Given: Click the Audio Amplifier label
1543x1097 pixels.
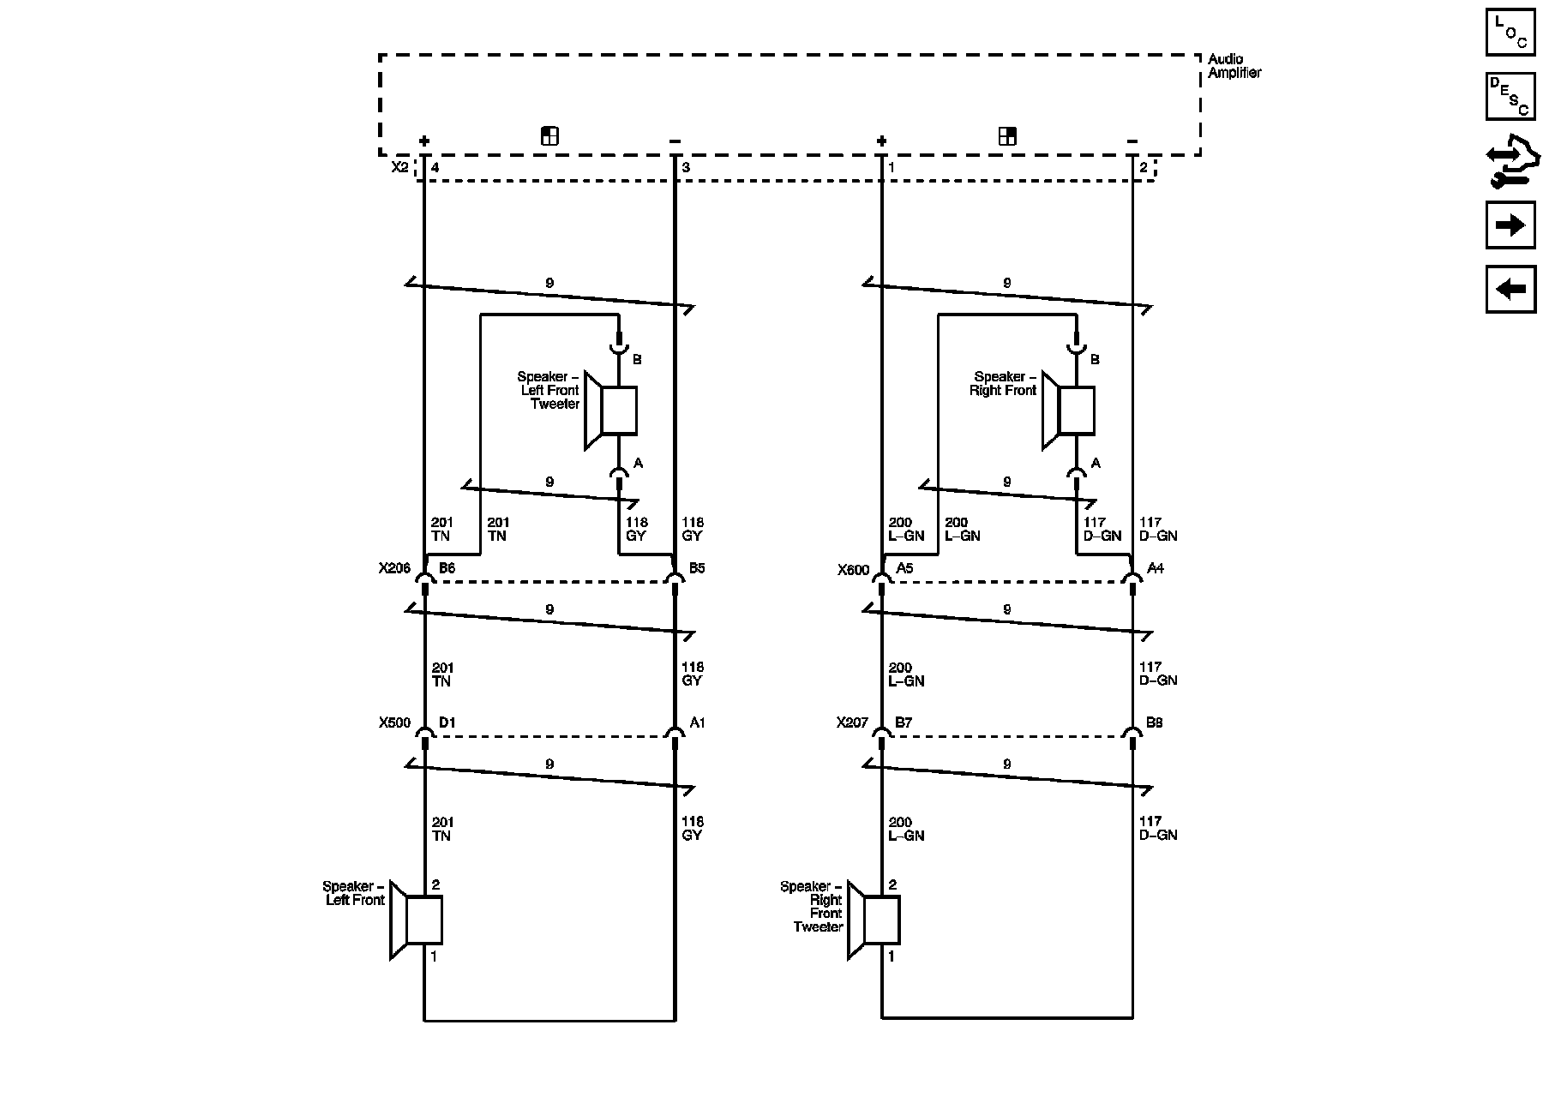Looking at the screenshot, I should [x=1234, y=66].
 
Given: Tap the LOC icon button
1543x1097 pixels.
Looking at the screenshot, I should [x=1510, y=33].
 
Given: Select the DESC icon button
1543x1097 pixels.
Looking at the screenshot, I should [x=1510, y=96].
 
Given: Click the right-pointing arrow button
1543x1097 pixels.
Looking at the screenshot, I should [x=1510, y=225].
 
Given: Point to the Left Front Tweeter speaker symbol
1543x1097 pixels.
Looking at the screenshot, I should [x=611, y=411].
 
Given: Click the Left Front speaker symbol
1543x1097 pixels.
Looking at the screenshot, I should [x=417, y=920].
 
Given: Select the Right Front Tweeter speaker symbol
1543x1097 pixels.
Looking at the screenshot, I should [x=874, y=920].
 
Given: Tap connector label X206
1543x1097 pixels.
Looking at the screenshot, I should [x=394, y=568].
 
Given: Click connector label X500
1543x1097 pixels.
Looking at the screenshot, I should [x=394, y=722].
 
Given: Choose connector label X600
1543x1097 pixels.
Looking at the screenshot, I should [x=853, y=569].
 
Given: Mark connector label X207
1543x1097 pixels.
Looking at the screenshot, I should [x=852, y=722].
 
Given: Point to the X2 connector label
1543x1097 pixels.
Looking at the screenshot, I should [x=399, y=167].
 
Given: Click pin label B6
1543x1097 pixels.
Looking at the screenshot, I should [x=447, y=568].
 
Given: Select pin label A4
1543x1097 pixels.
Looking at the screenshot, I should [x=1156, y=568].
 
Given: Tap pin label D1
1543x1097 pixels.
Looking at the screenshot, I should [x=447, y=722].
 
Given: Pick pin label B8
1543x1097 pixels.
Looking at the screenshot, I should [x=1155, y=722].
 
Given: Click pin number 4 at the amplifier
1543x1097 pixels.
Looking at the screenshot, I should [x=435, y=168].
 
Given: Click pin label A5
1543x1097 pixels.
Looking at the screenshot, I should [x=904, y=568].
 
